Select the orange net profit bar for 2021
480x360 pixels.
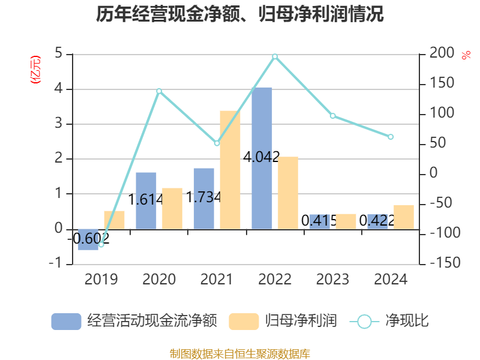coord(230,169)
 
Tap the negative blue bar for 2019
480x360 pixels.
coord(88,239)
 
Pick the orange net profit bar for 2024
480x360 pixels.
coord(404,217)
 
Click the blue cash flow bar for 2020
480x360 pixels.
coord(146,200)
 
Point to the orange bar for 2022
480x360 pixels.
coord(288,193)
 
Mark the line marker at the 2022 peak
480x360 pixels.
coord(275,56)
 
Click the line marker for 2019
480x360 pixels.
coord(101,245)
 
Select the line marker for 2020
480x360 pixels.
coord(159,91)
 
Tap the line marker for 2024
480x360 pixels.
coord(391,137)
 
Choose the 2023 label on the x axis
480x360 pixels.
coord(332,280)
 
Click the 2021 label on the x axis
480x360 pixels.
coord(217,280)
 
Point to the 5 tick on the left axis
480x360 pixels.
coord(59,54)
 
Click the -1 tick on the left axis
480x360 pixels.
coord(55,263)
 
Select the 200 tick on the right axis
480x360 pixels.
coord(442,54)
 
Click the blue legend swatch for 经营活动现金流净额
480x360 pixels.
coord(66,322)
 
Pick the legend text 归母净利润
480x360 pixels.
coord(292,321)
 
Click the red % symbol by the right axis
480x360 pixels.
coord(466,55)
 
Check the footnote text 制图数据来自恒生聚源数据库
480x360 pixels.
coord(240,354)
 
